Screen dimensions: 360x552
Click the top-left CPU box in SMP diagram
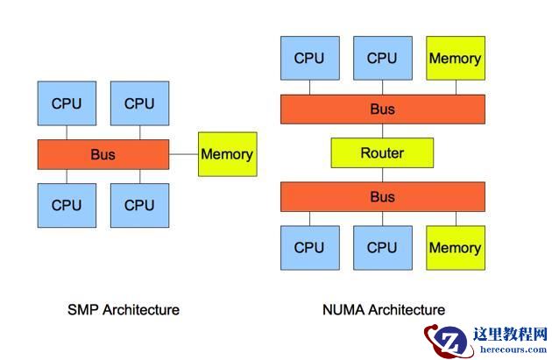(x=67, y=103)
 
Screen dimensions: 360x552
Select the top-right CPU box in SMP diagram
(x=139, y=103)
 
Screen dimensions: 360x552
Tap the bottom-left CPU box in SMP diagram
(x=67, y=205)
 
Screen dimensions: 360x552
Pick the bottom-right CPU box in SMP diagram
(x=139, y=205)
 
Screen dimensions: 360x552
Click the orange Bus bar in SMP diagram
(x=103, y=154)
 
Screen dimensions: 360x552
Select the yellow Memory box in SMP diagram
(x=227, y=154)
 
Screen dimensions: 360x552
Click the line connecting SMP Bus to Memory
(x=184, y=154)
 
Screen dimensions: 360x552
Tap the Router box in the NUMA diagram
(x=382, y=153)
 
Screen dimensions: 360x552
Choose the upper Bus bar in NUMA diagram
(x=382, y=109)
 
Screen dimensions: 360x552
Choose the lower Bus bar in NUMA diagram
(x=382, y=197)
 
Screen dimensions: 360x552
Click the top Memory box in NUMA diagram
(x=455, y=59)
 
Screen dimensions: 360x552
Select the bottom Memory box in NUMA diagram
(x=455, y=247)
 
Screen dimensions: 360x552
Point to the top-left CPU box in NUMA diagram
(x=309, y=59)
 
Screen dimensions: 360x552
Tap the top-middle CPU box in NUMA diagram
(x=382, y=59)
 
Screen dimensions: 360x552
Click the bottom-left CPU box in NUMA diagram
(x=309, y=247)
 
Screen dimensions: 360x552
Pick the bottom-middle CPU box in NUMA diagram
(x=382, y=247)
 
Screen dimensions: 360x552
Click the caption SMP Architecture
(x=124, y=309)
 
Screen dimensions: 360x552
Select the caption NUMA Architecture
(x=382, y=309)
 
